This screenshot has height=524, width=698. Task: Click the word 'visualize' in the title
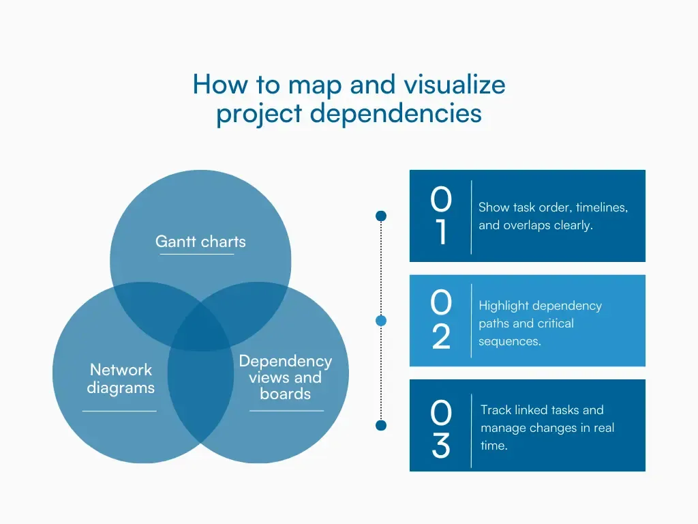tap(455, 85)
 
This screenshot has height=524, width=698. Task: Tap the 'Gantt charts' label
tap(200, 241)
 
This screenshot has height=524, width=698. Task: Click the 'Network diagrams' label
tap(121, 379)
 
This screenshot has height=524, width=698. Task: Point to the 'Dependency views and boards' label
tap(286, 377)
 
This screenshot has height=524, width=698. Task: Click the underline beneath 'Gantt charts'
tap(197, 254)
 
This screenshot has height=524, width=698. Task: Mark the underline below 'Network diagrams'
tap(119, 411)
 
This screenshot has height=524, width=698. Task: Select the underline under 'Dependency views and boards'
tap(286, 411)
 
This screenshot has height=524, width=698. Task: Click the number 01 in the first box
tap(441, 216)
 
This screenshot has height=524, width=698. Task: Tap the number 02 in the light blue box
tap(441, 320)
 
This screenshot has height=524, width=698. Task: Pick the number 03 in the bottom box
tap(441, 430)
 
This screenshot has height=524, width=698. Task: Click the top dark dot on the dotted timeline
tap(381, 216)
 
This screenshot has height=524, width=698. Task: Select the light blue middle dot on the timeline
tap(381, 321)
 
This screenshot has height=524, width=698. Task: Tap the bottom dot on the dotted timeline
tap(381, 426)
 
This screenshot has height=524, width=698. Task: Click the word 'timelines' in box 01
tap(601, 207)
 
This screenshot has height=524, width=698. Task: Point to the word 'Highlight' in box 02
tap(505, 306)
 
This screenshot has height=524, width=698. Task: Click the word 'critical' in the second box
tap(556, 323)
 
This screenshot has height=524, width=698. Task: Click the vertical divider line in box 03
tap(471, 431)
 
